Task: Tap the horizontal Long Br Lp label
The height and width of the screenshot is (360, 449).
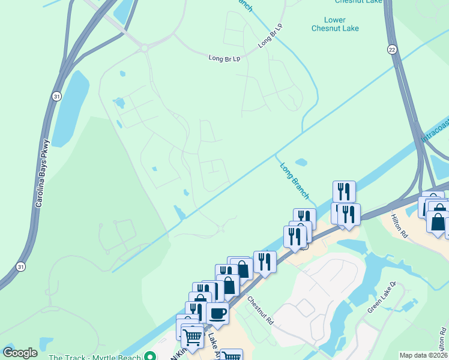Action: [x=224, y=59]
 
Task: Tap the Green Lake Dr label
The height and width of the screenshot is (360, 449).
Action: [x=382, y=298]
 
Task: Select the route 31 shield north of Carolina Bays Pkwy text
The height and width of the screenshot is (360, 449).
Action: [x=56, y=96]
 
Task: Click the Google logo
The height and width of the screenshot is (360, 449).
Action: [x=20, y=353]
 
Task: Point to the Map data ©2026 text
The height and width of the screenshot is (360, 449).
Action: [x=424, y=355]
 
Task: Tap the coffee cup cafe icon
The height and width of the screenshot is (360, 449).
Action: [x=217, y=312]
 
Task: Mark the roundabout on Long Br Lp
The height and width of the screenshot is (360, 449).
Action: [x=144, y=48]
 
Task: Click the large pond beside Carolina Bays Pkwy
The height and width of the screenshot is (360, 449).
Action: [x=67, y=108]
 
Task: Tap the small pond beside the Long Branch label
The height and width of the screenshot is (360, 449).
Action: [x=301, y=162]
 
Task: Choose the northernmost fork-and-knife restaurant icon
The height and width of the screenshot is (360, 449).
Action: [x=344, y=191]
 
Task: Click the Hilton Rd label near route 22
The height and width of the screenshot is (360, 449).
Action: [x=399, y=227]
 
